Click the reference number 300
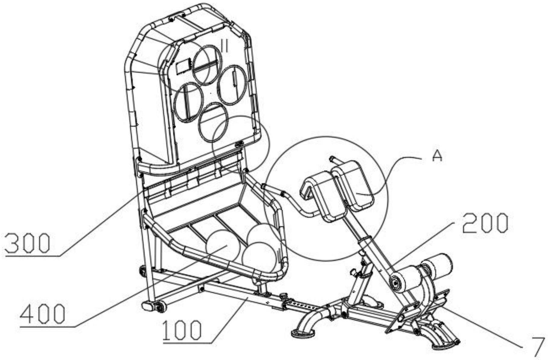(27, 243)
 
